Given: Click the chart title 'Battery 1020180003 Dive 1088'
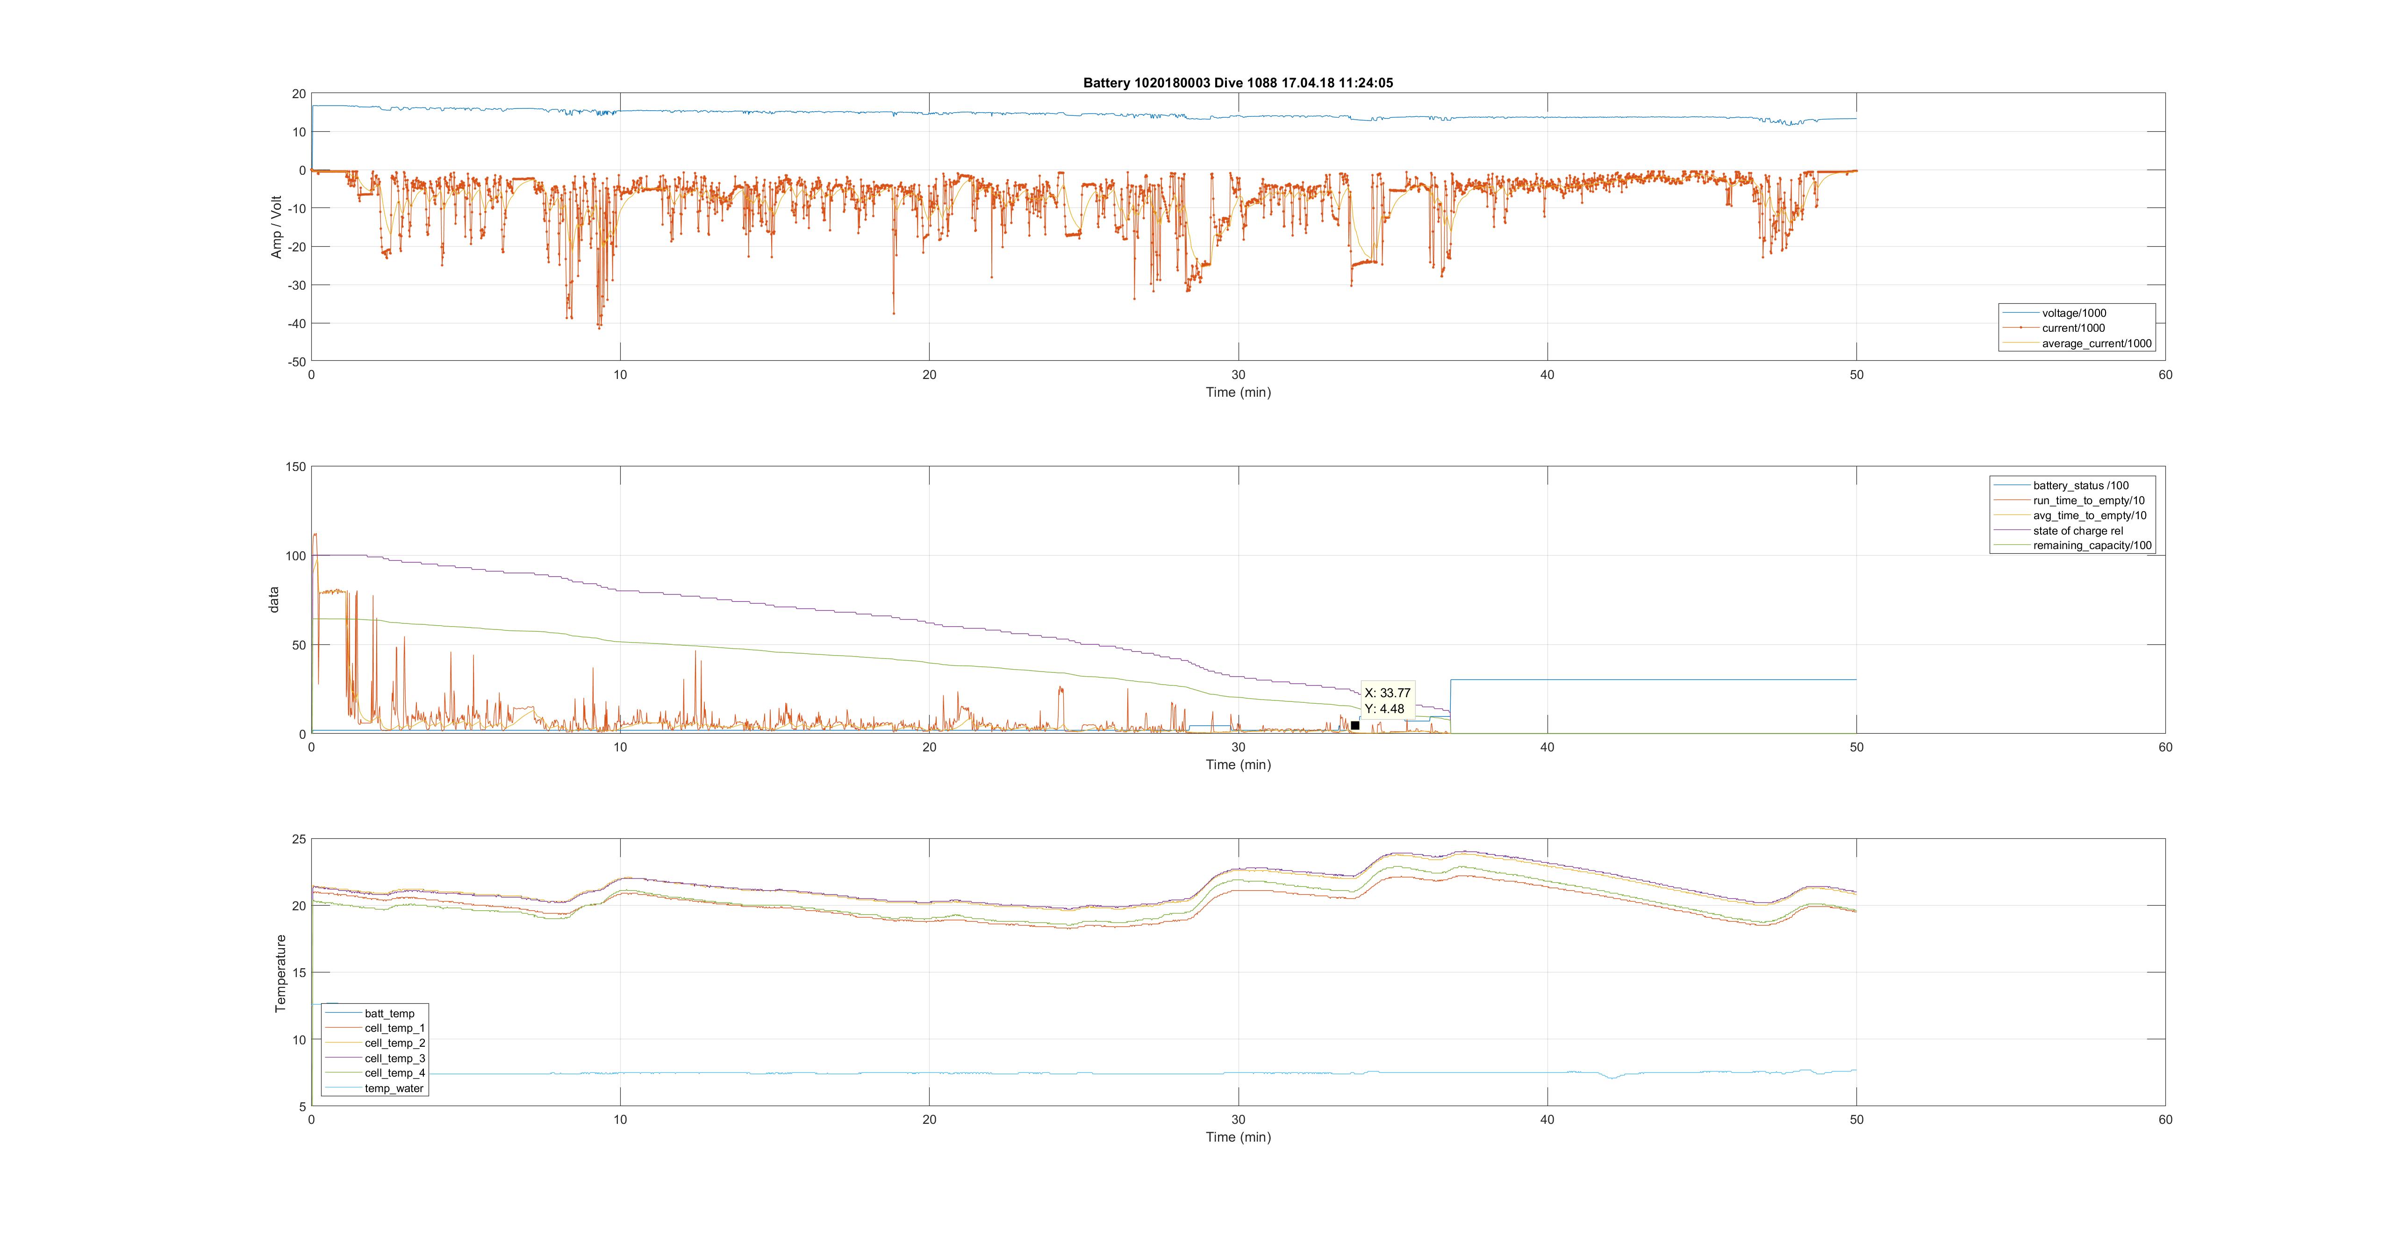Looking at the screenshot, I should click(1237, 83).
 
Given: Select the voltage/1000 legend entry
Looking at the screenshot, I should click(2073, 313).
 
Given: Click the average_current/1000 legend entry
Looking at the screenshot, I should click(2096, 344).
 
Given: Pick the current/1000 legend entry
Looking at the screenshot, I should click(2072, 328).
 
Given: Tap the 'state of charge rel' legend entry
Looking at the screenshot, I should click(2077, 530).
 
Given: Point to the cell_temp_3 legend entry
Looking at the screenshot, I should click(394, 1058).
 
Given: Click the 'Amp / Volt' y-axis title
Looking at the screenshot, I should click(276, 227).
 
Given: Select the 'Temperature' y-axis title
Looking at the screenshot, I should click(280, 972).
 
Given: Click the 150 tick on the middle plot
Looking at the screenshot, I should click(295, 466).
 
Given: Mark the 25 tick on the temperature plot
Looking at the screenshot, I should click(298, 839).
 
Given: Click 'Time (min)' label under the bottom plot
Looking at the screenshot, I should click(1237, 1137).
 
